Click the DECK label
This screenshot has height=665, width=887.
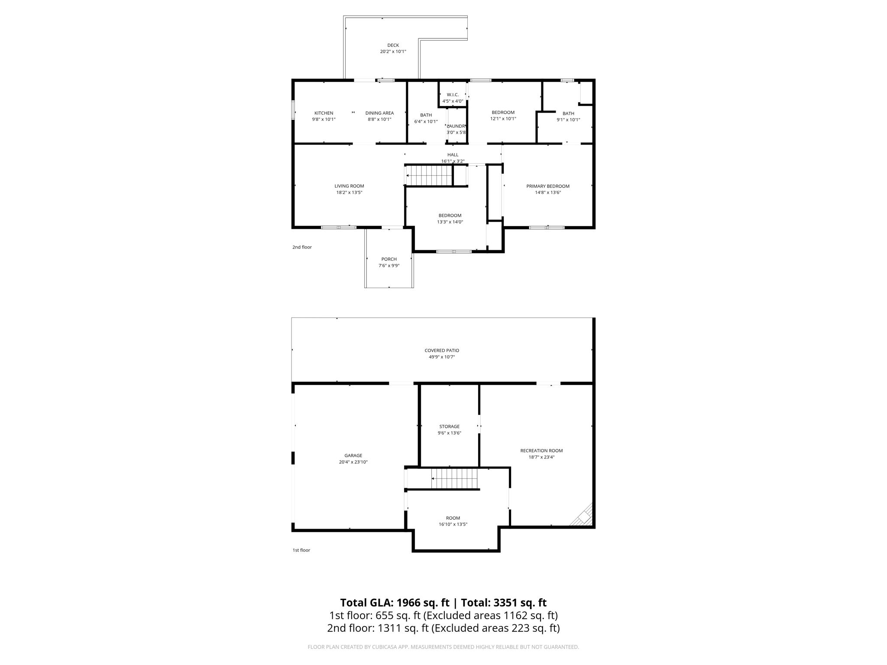coord(393,45)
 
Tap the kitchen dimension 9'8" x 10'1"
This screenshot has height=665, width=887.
coord(324,119)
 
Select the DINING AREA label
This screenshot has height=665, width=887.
coord(379,113)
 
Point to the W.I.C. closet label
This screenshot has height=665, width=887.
coord(453,95)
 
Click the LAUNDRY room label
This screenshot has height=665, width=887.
coord(456,126)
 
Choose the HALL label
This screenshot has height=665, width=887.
coord(453,155)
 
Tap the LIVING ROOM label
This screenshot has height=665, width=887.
coord(349,186)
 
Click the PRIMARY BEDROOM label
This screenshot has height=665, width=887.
coord(547,186)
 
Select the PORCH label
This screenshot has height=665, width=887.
coord(389,259)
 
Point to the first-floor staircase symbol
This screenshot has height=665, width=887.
coord(454,478)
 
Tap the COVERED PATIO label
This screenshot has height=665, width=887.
coord(442,350)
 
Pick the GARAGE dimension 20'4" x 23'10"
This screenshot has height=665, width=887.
coord(353,462)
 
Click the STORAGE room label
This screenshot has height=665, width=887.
coord(449,426)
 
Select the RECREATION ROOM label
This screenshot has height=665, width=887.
coord(541,451)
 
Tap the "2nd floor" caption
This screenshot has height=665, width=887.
coord(302,247)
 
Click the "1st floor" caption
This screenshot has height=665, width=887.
coord(301,550)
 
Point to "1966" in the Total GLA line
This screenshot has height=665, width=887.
coord(408,603)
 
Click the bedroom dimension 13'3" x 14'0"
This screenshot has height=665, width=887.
coord(450,222)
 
